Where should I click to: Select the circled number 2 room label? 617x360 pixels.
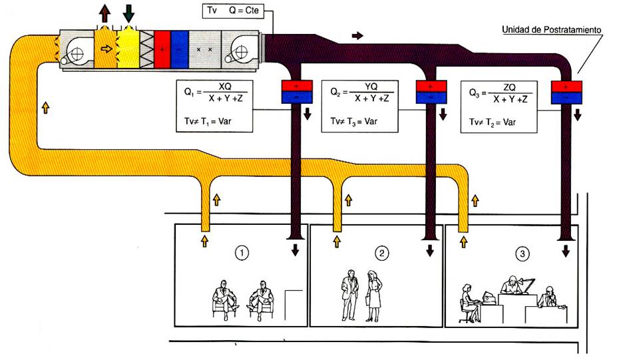pyautogui.click(x=381, y=253)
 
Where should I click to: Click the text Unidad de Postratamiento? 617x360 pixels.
pyautogui.click(x=552, y=31)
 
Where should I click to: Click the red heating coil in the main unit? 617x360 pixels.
pyautogui.click(x=162, y=50)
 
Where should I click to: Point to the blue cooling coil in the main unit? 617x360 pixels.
pyautogui.click(x=180, y=50)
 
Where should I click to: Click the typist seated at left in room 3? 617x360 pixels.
pyautogui.click(x=468, y=303)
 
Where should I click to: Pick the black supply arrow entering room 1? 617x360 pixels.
pyautogui.click(x=294, y=251)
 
